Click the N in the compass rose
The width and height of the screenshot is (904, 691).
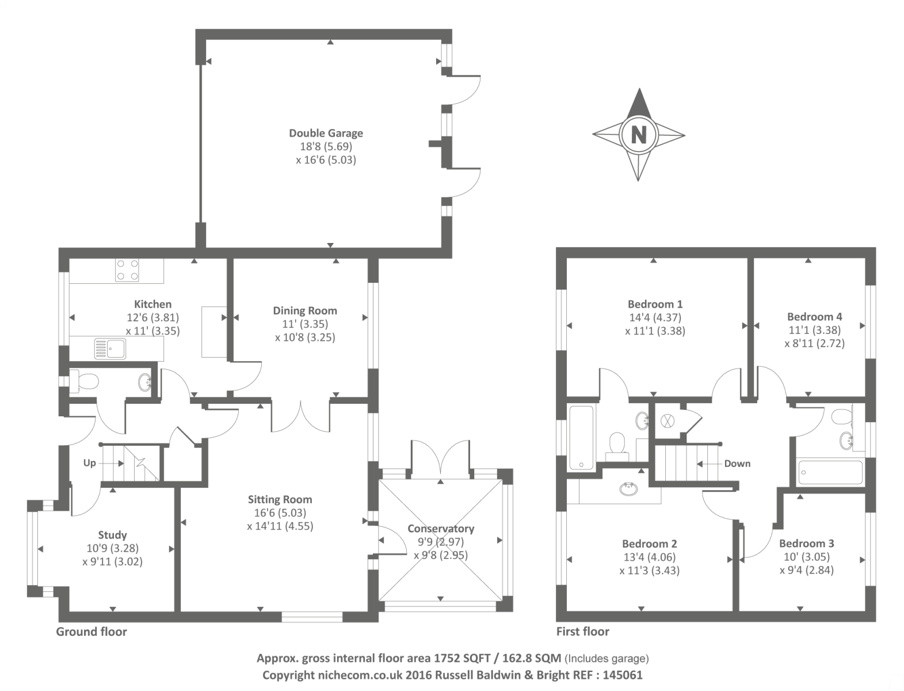[639, 135]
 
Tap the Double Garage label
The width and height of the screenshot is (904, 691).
[326, 134]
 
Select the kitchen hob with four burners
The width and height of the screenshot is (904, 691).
[128, 269]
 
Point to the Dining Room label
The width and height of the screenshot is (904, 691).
[305, 311]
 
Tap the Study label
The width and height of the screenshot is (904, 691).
[112, 535]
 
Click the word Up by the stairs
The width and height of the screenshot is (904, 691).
[89, 463]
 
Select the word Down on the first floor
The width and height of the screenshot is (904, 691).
[737, 464]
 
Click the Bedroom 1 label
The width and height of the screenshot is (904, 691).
[655, 304]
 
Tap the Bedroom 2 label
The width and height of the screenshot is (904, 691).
[649, 544]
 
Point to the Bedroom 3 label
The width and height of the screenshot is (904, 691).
[806, 544]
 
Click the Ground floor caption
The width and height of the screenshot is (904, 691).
[91, 632]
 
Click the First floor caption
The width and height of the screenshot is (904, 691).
[582, 632]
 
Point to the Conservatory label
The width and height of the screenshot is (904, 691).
[441, 529]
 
